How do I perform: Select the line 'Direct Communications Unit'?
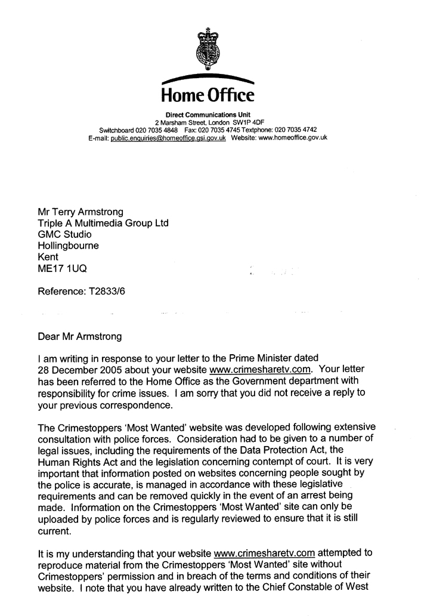click(208, 114)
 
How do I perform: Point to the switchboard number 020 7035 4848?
click(153, 129)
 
